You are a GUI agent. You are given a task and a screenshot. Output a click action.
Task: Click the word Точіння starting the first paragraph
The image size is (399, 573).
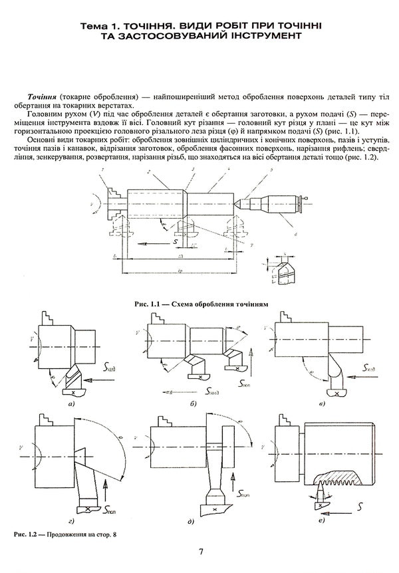(x=42, y=96)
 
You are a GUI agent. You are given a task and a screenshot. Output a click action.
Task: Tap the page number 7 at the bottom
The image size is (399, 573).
(x=200, y=551)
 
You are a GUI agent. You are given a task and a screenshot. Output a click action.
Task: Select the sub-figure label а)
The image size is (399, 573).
(x=70, y=403)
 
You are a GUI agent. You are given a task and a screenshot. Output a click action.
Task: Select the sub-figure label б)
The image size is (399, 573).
(x=192, y=403)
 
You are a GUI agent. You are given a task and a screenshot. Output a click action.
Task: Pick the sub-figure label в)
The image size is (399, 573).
(x=321, y=403)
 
